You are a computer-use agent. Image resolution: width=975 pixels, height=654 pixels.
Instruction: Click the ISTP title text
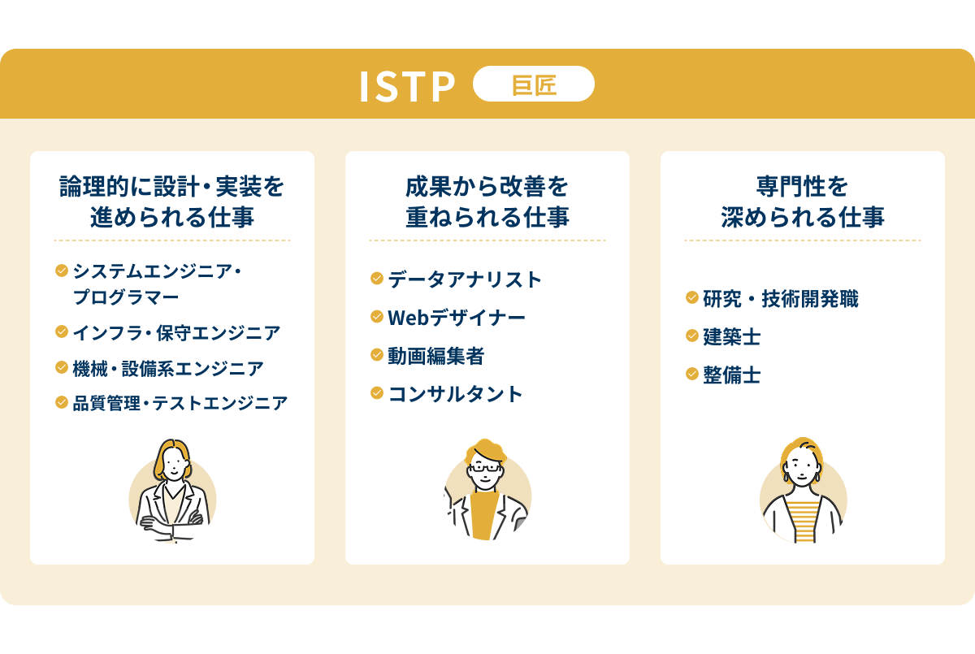click(x=407, y=86)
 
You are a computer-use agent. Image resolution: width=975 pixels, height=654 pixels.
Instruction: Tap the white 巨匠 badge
click(x=534, y=84)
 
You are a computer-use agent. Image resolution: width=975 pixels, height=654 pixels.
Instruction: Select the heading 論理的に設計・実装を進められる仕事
click(x=172, y=202)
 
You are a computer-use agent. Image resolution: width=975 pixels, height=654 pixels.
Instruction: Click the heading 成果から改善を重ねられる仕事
click(x=487, y=202)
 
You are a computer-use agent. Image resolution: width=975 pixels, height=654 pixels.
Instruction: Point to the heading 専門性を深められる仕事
click(x=802, y=202)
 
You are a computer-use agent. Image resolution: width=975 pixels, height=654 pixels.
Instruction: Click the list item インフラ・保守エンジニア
click(x=176, y=332)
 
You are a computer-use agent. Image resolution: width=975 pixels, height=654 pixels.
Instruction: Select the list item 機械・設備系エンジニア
click(x=168, y=368)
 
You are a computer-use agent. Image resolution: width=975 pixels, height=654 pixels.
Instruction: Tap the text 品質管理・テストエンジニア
click(x=180, y=403)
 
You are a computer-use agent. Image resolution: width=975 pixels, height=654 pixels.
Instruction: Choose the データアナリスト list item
click(x=465, y=279)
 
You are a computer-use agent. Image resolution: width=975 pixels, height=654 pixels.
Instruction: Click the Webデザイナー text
click(x=457, y=318)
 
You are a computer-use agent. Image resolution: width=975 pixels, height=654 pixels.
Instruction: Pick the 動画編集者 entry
click(x=436, y=356)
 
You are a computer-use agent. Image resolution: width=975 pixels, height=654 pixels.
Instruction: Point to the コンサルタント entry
click(x=456, y=394)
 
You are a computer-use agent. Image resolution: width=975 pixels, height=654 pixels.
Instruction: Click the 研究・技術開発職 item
click(x=780, y=299)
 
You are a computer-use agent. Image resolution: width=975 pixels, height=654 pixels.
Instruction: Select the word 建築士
click(x=731, y=336)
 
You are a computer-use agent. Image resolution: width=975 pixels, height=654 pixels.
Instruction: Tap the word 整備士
click(x=731, y=375)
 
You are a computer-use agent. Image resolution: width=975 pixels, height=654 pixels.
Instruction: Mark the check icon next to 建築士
click(x=692, y=336)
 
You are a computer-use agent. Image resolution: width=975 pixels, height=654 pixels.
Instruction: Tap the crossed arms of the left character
click(x=171, y=520)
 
